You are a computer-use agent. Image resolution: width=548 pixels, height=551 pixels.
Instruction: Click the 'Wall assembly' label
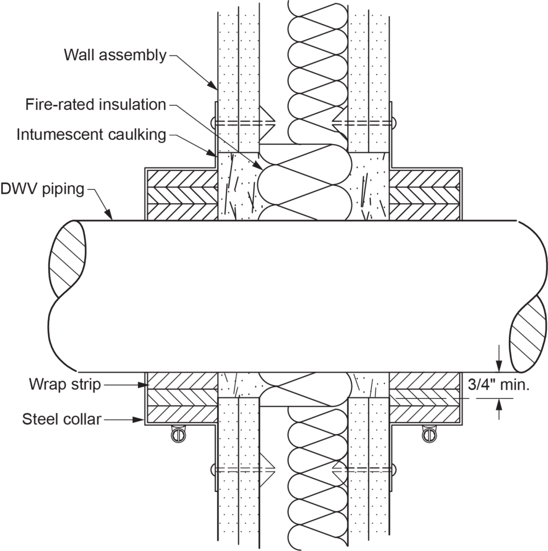[x=115, y=55]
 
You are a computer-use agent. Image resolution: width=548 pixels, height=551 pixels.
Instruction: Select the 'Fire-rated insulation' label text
[x=95, y=105]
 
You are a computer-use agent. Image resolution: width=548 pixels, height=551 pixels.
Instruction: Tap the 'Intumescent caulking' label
[x=91, y=134]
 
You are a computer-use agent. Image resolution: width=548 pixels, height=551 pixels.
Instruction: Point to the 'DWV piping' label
[x=43, y=188]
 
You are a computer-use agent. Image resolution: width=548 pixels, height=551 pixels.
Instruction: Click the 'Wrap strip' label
[x=65, y=385]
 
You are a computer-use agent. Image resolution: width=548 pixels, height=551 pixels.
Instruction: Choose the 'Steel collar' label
[x=61, y=419]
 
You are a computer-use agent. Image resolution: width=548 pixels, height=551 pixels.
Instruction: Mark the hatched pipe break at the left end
[x=67, y=258]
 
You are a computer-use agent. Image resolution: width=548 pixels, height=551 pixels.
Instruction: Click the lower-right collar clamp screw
[x=429, y=434]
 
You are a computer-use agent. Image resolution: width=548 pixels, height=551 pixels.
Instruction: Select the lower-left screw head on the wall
[x=214, y=469]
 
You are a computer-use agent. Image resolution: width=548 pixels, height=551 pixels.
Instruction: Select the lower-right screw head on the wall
[x=393, y=469]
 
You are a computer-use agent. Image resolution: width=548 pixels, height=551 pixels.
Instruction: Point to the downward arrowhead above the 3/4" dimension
[x=499, y=365]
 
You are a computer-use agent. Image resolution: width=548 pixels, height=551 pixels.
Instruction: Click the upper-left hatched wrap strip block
[x=181, y=195]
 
